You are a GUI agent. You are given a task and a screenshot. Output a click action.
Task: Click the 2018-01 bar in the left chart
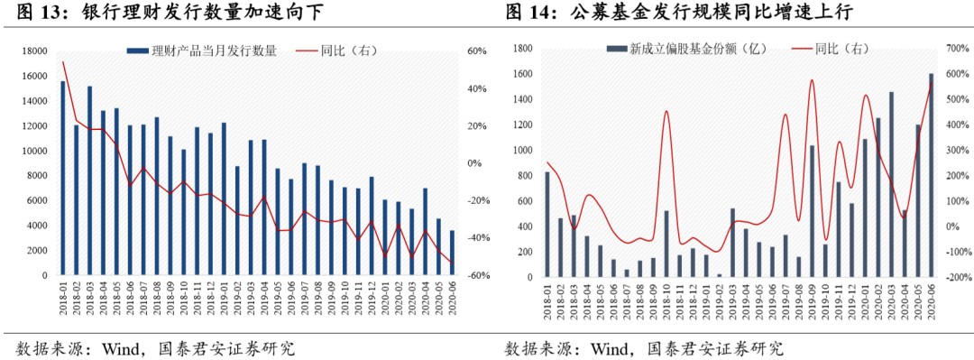(63, 178)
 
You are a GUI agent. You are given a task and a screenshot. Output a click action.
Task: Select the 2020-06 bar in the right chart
(932, 174)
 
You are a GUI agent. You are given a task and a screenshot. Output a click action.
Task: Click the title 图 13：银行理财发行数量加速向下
(162, 13)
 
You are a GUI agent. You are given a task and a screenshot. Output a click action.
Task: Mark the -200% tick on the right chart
(959, 279)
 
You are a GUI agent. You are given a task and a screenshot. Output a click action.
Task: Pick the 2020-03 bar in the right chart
(892, 183)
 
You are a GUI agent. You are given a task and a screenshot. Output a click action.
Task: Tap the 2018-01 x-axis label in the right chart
(547, 301)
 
